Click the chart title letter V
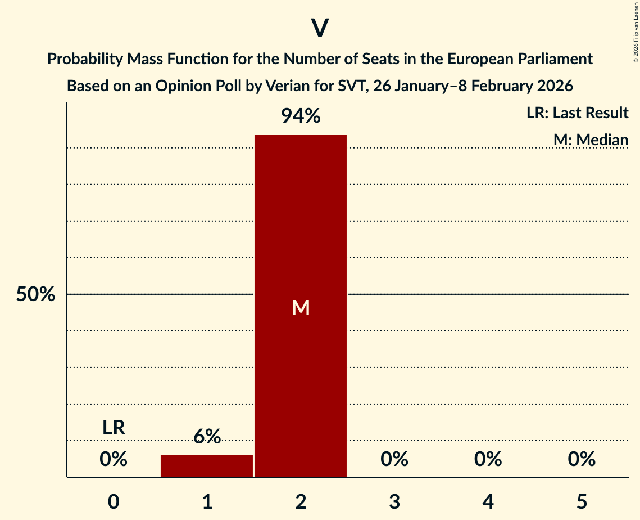320,28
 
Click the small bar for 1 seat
207,466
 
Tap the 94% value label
301,116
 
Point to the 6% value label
207,436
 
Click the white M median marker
301,307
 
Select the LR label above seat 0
114,428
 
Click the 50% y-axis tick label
35,294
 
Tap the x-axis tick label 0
114,501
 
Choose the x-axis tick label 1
207,501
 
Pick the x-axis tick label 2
301,501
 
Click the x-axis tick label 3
394,501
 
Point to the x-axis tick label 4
488,501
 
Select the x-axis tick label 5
582,501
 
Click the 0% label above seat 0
114,460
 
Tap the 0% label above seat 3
394,460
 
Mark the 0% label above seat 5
582,460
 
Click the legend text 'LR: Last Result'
577,113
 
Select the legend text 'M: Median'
591,140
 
